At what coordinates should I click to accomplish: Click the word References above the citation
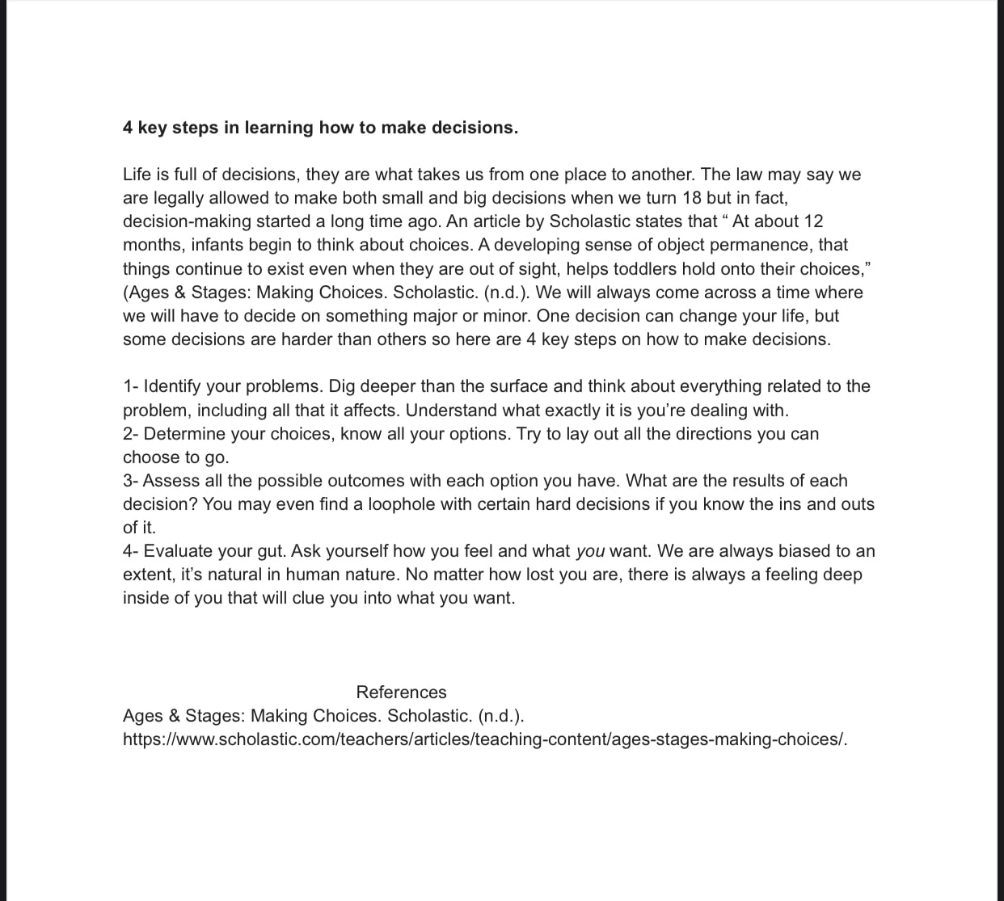tap(401, 693)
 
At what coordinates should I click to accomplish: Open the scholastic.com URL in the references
tap(485, 739)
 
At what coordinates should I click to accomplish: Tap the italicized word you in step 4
tap(590, 551)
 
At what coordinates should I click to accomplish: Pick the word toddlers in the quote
tap(597, 268)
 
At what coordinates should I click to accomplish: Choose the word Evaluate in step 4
tap(179, 551)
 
